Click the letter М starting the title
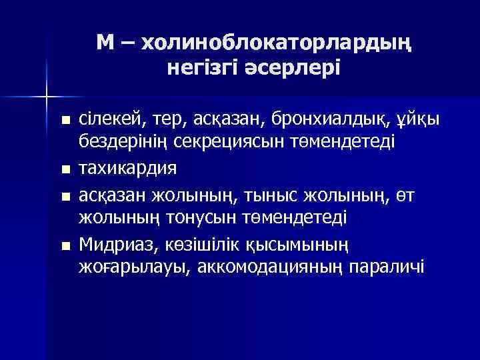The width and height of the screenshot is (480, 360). [105, 44]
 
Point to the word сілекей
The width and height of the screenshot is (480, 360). [108, 121]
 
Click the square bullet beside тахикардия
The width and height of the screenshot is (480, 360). [65, 169]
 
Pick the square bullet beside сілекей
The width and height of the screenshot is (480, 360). [65, 122]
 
